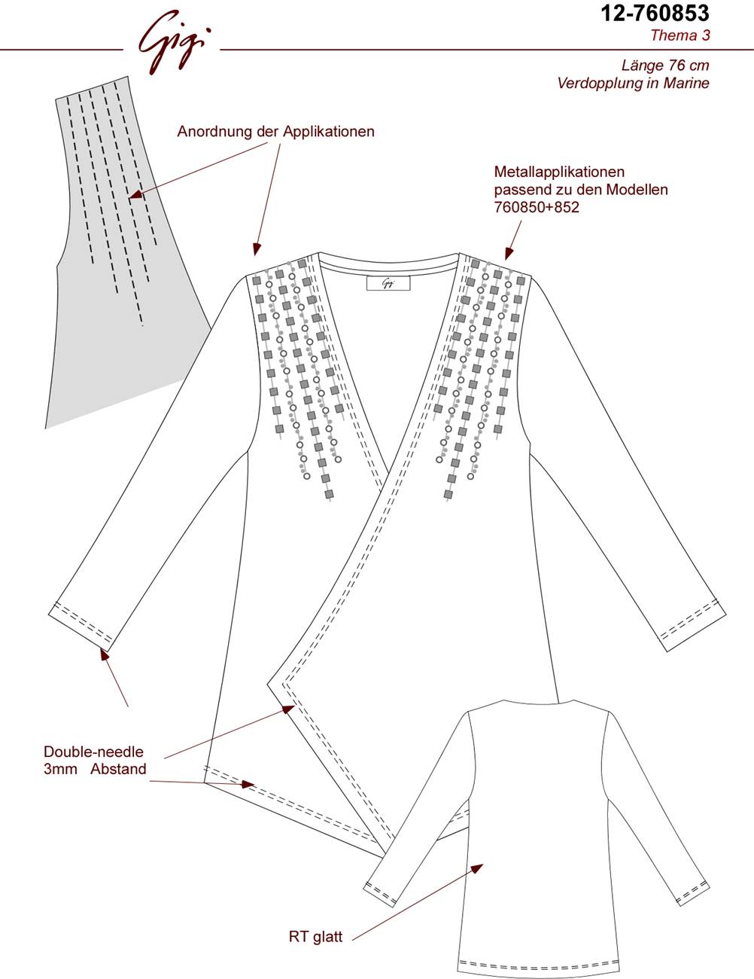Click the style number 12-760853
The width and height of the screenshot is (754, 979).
(655, 14)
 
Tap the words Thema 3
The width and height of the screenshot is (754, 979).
(680, 35)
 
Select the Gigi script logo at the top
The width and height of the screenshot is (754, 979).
(172, 43)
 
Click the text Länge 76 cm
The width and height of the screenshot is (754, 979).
(665, 66)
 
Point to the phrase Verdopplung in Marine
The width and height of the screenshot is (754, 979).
(634, 84)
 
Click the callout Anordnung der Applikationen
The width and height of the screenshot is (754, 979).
(275, 132)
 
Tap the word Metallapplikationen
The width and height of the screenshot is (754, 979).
(560, 172)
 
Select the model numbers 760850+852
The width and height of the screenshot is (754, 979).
(537, 207)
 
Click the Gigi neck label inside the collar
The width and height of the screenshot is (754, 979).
(388, 283)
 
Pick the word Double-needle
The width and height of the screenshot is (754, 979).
(93, 752)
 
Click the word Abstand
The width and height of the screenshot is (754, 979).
(118, 769)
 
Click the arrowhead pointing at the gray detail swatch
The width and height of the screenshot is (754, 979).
(135, 194)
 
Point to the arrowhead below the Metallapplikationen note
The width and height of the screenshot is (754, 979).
(508, 254)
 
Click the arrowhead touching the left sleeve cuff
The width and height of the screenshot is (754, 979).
(105, 654)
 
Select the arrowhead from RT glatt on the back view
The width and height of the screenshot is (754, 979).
(477, 868)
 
